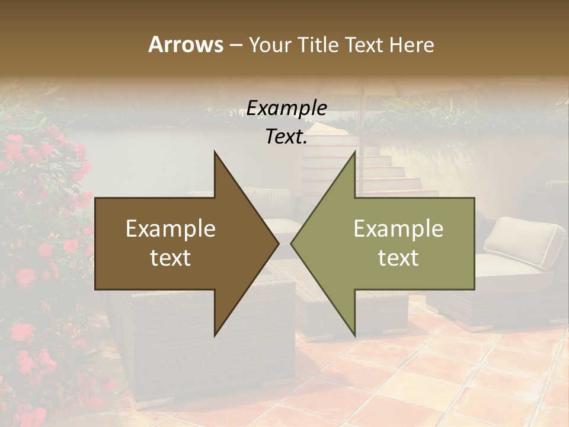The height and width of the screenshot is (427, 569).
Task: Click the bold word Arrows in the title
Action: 185,44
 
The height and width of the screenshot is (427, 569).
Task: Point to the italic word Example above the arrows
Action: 287,108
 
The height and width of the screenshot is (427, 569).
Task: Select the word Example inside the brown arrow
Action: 170,229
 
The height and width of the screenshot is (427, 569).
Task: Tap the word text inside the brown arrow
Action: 170,258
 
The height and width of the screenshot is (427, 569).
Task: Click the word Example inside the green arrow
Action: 398,229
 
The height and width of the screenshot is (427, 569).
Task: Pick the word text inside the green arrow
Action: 398,258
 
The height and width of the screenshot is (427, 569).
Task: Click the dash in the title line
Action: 235,45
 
